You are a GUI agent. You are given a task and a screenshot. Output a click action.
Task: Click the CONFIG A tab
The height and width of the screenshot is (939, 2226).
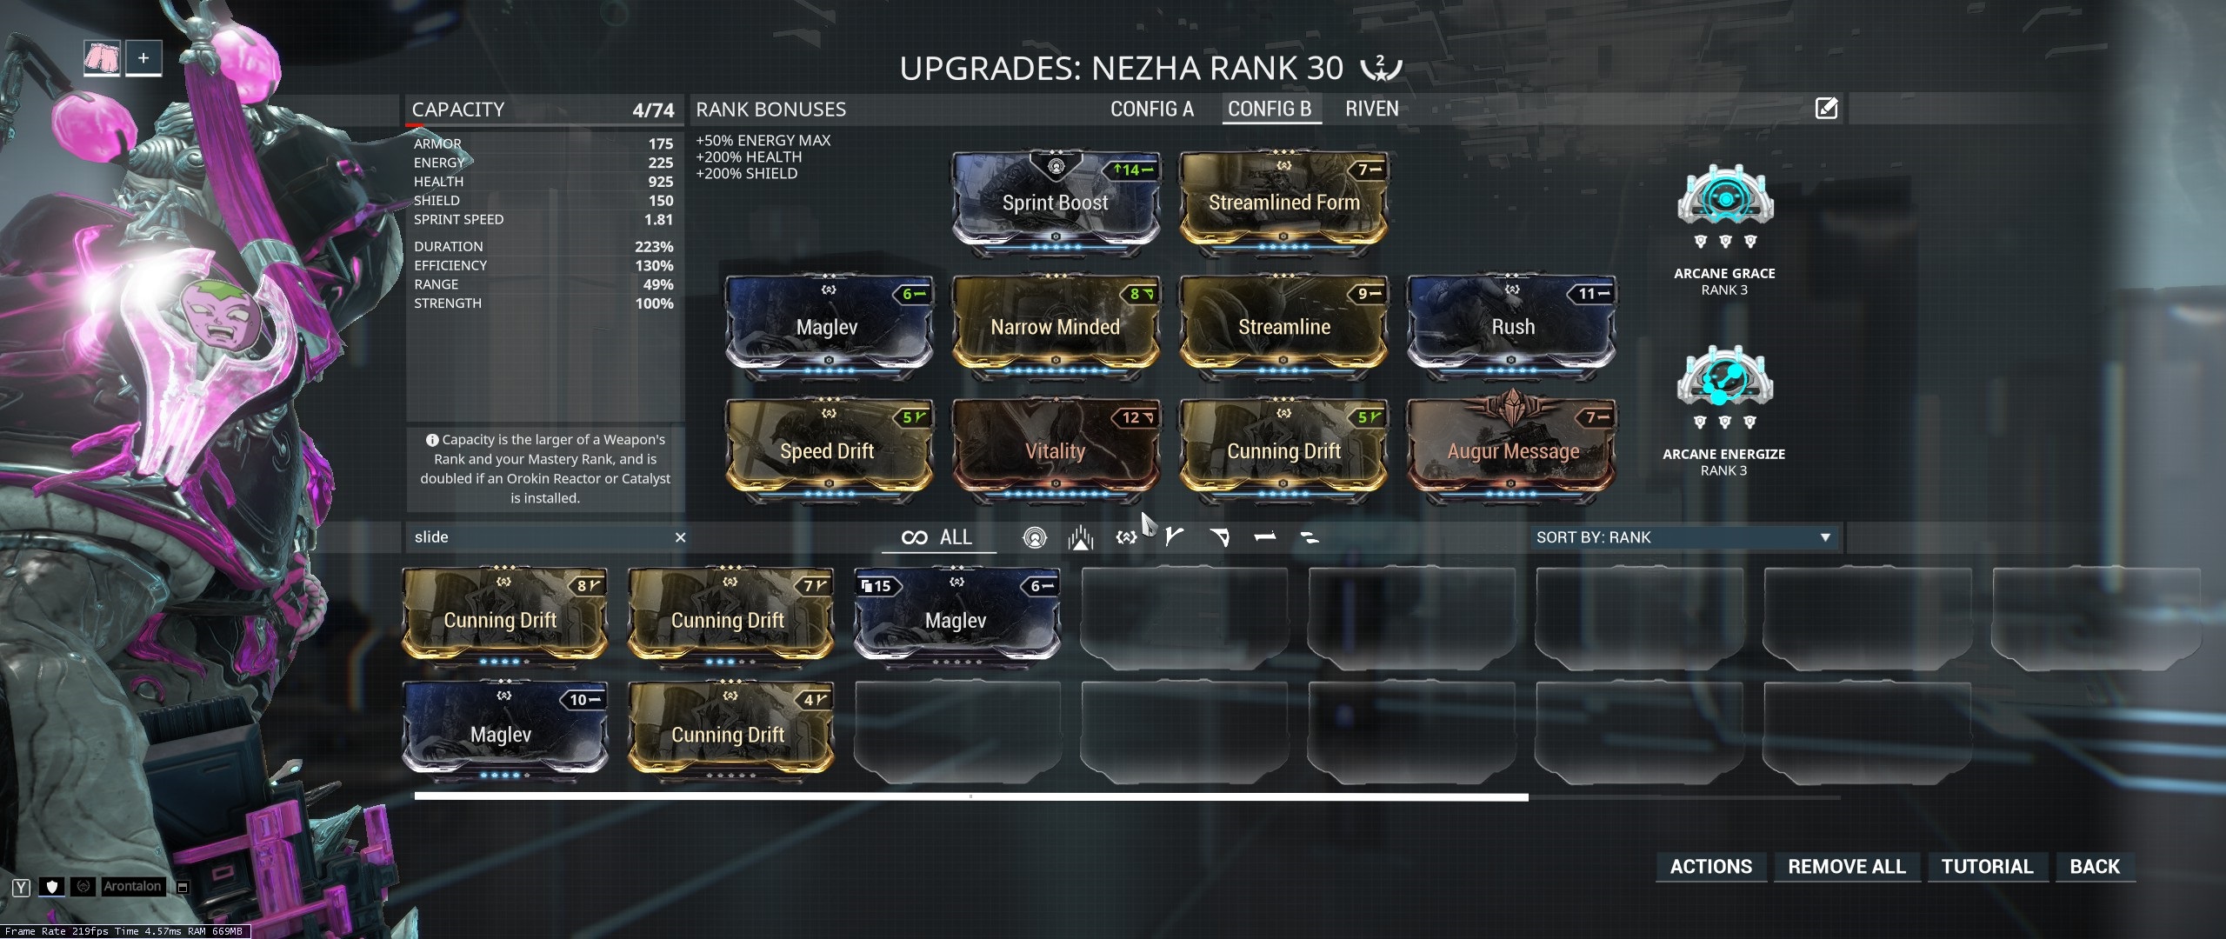tap(1151, 110)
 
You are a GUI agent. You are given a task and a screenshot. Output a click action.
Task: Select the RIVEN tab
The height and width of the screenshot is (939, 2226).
tap(1371, 110)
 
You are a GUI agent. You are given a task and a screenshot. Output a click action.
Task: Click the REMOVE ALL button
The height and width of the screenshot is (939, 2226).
tap(1846, 866)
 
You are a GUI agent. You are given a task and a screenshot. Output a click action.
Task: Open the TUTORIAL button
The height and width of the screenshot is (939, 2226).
tap(1987, 866)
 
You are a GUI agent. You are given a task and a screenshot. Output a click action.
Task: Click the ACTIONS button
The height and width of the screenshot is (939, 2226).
tap(1710, 866)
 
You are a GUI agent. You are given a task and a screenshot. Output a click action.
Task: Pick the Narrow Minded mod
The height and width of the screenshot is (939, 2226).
tap(1056, 327)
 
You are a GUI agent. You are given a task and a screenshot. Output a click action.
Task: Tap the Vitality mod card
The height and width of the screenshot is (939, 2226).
tap(1056, 451)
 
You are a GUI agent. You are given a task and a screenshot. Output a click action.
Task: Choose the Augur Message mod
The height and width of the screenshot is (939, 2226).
tap(1512, 451)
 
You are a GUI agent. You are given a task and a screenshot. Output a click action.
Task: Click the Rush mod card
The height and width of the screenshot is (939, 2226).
tap(1512, 327)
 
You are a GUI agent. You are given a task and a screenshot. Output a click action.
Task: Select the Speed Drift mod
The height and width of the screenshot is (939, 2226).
tap(827, 451)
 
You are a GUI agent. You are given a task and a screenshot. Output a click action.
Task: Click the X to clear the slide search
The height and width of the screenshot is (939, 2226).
tap(681, 537)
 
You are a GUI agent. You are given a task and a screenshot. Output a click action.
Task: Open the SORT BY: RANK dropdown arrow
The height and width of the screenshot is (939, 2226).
tap(1825, 537)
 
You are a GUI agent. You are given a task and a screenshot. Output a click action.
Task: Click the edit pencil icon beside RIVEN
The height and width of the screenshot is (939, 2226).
tap(1826, 109)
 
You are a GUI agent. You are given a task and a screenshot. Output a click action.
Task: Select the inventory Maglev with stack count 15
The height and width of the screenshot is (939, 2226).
tap(956, 619)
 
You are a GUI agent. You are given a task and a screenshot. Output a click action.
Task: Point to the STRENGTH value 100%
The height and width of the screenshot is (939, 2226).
tap(654, 303)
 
